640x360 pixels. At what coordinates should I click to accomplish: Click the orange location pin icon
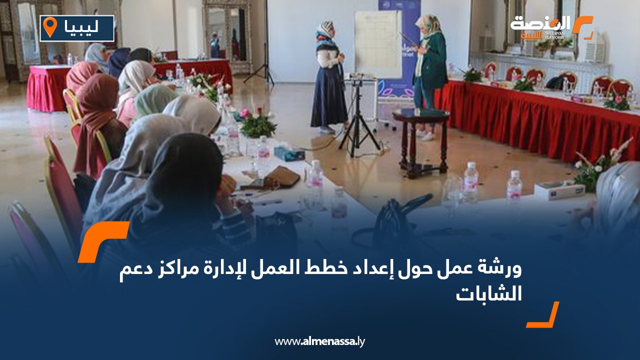(x=49, y=27)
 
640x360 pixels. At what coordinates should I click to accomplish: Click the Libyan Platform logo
(x=550, y=27)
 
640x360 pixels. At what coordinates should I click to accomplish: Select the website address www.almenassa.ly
(x=320, y=341)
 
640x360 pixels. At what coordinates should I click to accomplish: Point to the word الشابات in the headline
(x=488, y=295)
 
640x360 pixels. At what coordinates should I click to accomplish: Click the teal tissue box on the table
(x=289, y=153)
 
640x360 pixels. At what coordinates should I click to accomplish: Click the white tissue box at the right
(x=558, y=190)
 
